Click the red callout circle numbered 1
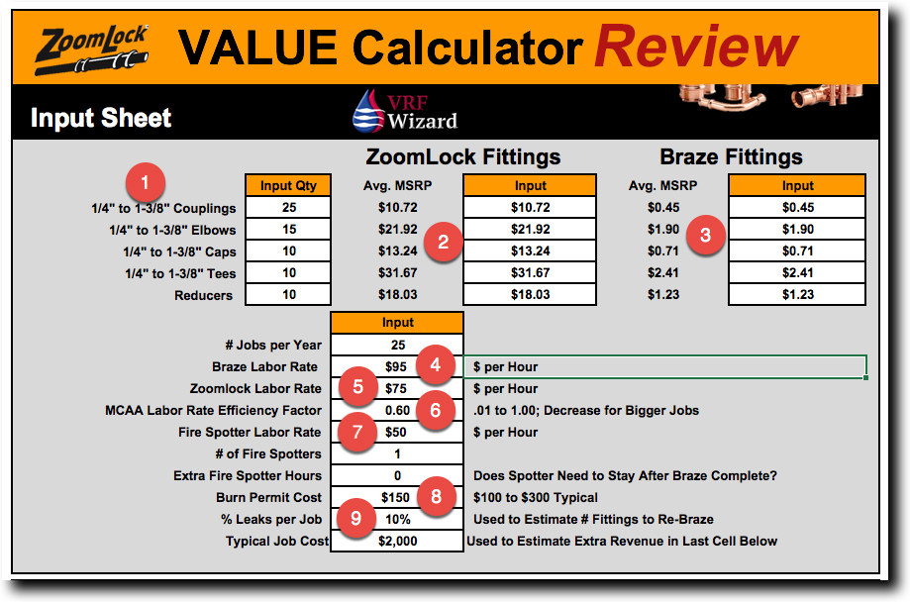tap(147, 183)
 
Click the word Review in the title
tap(696, 47)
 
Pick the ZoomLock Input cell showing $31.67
tap(530, 273)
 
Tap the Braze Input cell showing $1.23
tap(797, 295)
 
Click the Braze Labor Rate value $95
tap(397, 366)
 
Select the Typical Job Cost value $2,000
tap(397, 541)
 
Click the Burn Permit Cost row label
tap(268, 497)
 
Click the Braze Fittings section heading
tap(731, 156)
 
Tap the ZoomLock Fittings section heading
tap(463, 156)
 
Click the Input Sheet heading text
tap(101, 119)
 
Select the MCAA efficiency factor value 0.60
tap(397, 410)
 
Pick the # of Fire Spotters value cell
tap(397, 453)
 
